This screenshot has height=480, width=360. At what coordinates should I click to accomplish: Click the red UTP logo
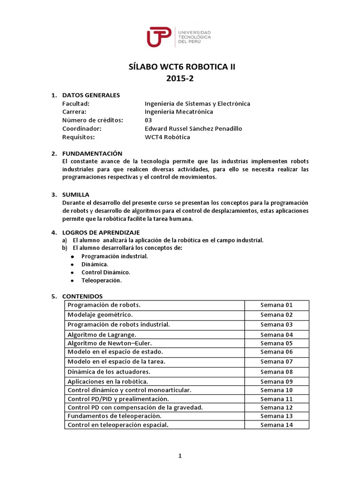[x=159, y=37]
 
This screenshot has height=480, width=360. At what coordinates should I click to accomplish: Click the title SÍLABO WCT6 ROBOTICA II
[x=182, y=67]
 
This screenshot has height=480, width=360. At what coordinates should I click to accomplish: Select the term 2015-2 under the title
[x=180, y=79]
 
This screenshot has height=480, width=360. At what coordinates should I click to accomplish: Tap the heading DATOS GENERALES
[x=91, y=95]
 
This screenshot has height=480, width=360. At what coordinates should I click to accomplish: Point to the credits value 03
[x=149, y=120]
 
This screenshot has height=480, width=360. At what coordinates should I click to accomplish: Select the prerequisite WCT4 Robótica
[x=168, y=137]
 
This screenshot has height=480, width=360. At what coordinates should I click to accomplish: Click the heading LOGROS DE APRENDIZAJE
[x=101, y=232]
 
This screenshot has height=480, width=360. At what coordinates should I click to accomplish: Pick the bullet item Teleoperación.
[x=101, y=280]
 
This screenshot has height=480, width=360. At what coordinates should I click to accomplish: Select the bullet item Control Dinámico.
[x=105, y=272]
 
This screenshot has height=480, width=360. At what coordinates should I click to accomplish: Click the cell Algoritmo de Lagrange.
[x=102, y=335]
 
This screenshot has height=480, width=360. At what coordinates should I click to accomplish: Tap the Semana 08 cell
[x=277, y=372]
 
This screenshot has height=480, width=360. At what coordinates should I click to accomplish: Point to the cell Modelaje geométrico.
[x=100, y=315]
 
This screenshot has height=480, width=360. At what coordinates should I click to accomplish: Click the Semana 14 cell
[x=277, y=425]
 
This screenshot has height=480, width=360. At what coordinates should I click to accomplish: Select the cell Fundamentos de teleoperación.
[x=114, y=416]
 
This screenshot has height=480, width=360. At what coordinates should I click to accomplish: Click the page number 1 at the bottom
[x=180, y=457]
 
